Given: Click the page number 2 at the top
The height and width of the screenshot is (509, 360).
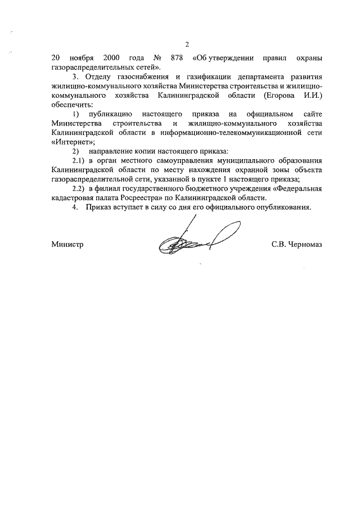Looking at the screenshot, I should (x=187, y=44).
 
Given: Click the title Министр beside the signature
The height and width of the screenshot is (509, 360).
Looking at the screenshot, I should (x=66, y=244).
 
